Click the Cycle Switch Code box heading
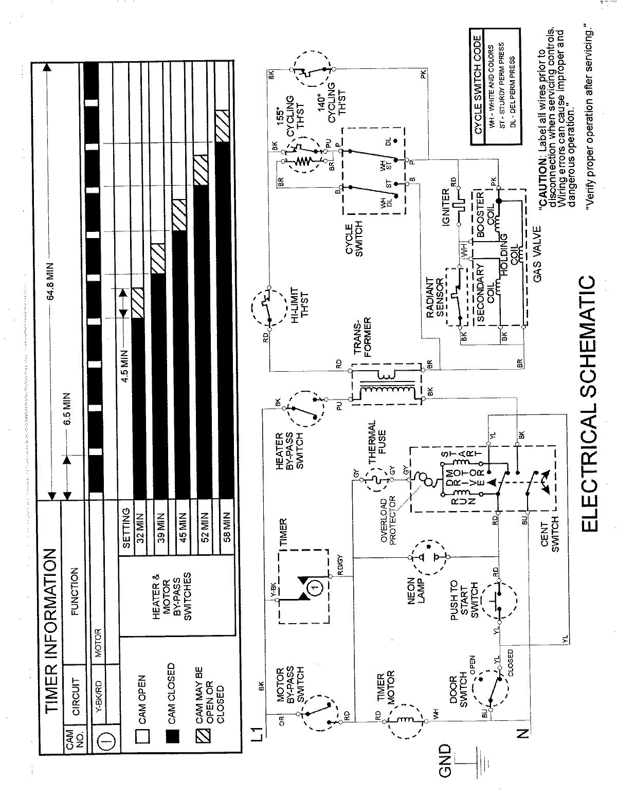pyautogui.click(x=477, y=85)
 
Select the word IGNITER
pyautogui.click(x=446, y=205)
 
